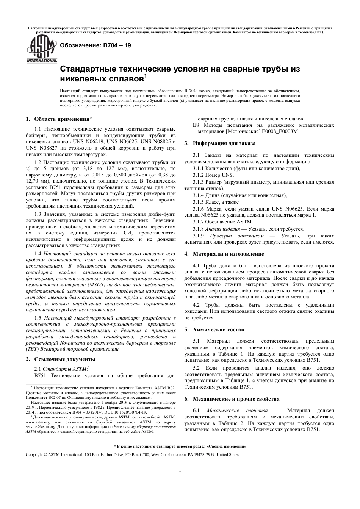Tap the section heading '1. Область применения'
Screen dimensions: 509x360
click(59, 119)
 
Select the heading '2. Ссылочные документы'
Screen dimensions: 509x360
click(60, 359)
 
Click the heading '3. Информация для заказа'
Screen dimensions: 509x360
click(220, 143)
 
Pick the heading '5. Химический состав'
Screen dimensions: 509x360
click(214, 329)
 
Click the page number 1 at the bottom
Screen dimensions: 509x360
click(180, 470)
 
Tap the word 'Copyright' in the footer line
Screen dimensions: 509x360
click(34, 454)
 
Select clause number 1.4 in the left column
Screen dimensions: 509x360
click(38, 253)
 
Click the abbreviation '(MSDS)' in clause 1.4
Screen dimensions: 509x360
click(100, 284)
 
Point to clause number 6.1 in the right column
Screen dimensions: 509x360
click(196, 411)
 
